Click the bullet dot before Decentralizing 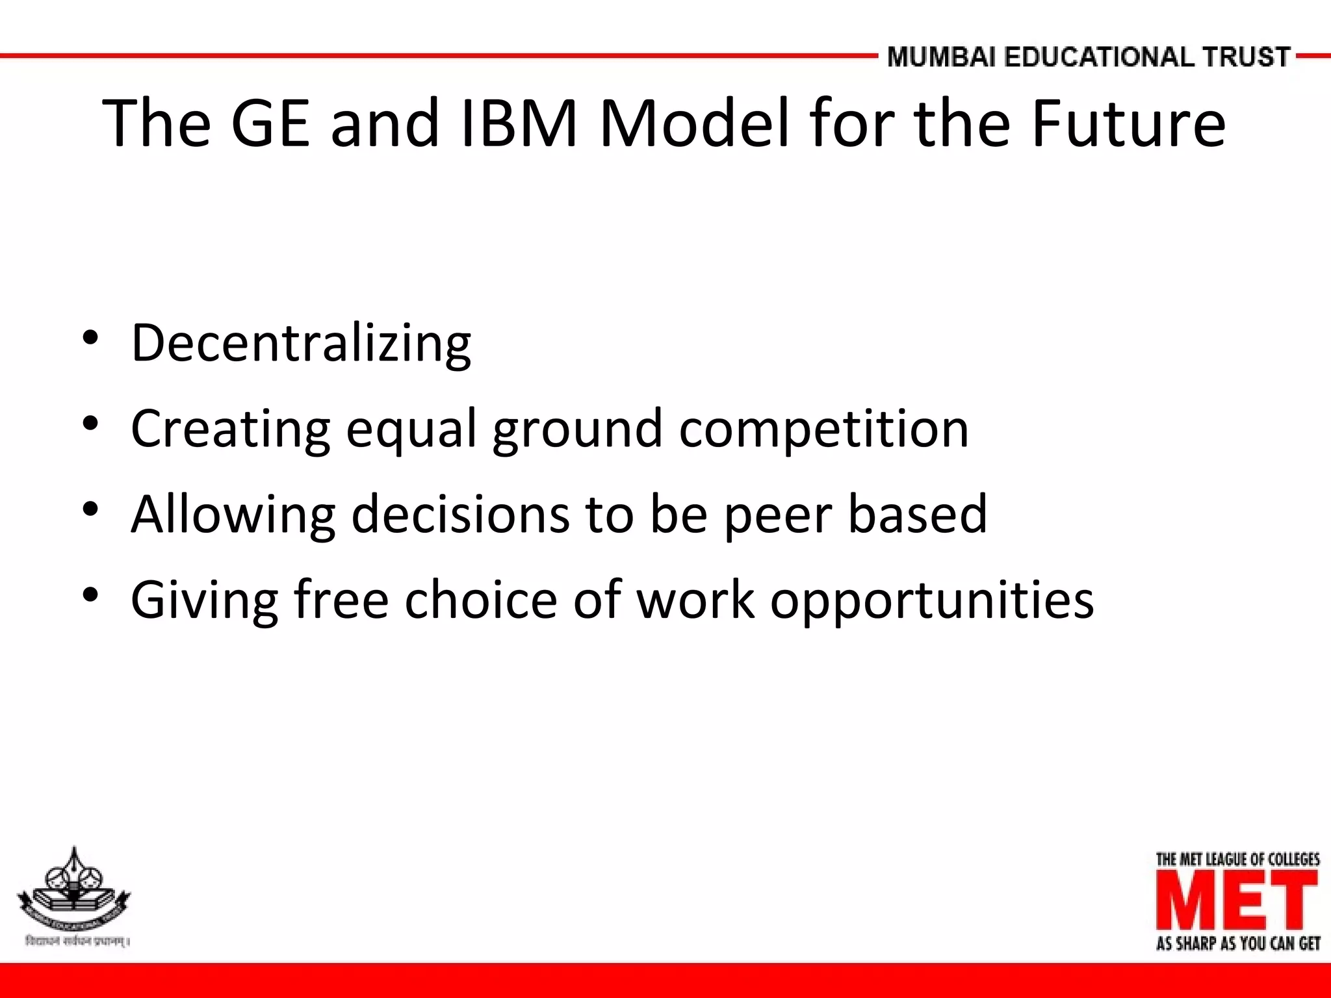90,338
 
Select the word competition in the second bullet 823,429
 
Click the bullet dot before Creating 90,424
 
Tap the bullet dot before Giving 90,594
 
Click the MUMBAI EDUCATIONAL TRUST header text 1089,57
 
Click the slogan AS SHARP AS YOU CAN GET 1237,943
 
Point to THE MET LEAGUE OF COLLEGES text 1237,860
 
